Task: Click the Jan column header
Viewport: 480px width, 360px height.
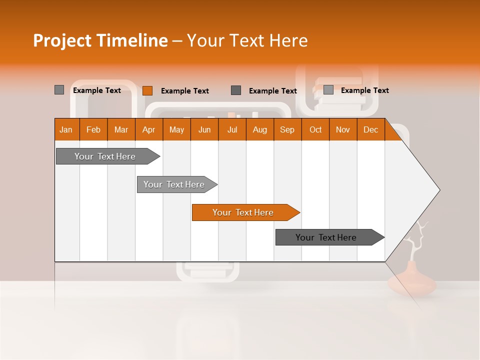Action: pos(66,129)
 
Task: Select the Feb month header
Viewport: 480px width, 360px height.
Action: pos(93,129)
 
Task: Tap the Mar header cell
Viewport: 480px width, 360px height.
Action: pos(121,129)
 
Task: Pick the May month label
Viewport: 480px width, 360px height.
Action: pos(176,129)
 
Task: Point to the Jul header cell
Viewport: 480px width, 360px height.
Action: pos(232,129)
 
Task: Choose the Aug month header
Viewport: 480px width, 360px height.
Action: pos(259,129)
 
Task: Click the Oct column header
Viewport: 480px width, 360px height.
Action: pos(315,129)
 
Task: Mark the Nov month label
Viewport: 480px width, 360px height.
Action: pos(343,129)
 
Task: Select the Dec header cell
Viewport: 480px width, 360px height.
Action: pos(370,129)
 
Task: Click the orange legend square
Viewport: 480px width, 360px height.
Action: pos(147,90)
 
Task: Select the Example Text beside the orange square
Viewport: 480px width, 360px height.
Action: pos(184,91)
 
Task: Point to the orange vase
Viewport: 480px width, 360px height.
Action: pos(411,281)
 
